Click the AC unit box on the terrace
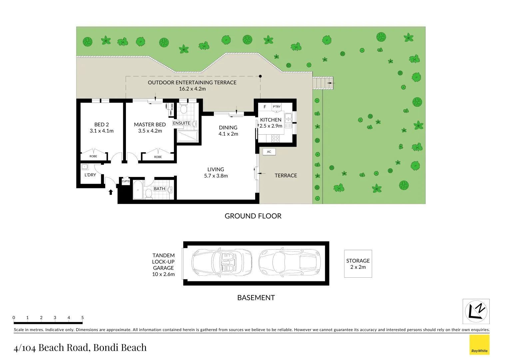(x=269, y=152)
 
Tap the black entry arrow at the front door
(x=111, y=192)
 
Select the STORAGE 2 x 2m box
(x=358, y=264)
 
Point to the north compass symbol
(x=476, y=311)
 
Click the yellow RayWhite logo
(x=479, y=345)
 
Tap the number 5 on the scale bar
(x=82, y=318)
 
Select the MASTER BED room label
(x=150, y=124)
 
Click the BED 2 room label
(x=102, y=124)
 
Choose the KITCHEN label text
(x=270, y=120)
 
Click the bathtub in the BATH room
(x=138, y=190)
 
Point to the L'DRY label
(x=90, y=175)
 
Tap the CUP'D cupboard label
(x=126, y=181)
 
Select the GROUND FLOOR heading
(x=253, y=216)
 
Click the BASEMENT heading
(x=256, y=298)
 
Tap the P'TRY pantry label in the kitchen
(x=276, y=107)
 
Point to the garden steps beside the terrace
(x=323, y=83)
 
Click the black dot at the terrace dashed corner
(x=260, y=76)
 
